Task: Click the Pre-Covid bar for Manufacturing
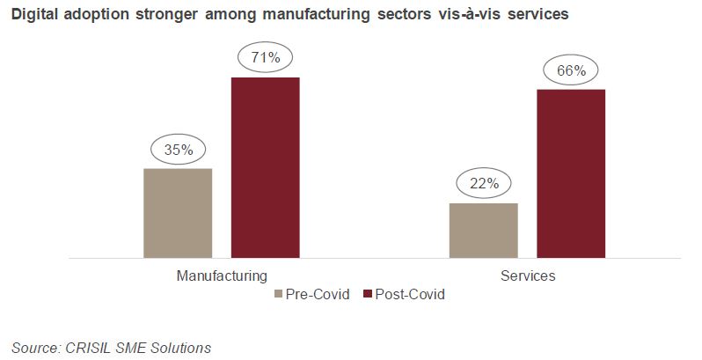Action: click(178, 213)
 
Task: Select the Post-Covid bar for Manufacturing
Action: click(266, 167)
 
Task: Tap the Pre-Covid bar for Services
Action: click(483, 231)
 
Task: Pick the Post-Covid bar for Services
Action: click(571, 173)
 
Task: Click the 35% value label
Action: click(179, 150)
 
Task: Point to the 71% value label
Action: click(265, 58)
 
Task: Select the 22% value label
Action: click(484, 184)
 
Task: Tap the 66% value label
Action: click(571, 70)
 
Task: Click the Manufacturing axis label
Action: click(222, 276)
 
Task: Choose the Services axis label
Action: click(528, 276)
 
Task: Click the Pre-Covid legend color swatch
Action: click(280, 294)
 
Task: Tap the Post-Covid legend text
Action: click(410, 294)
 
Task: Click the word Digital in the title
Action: click(33, 15)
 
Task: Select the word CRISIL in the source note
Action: click(94, 347)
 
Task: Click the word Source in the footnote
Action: click(37, 347)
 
